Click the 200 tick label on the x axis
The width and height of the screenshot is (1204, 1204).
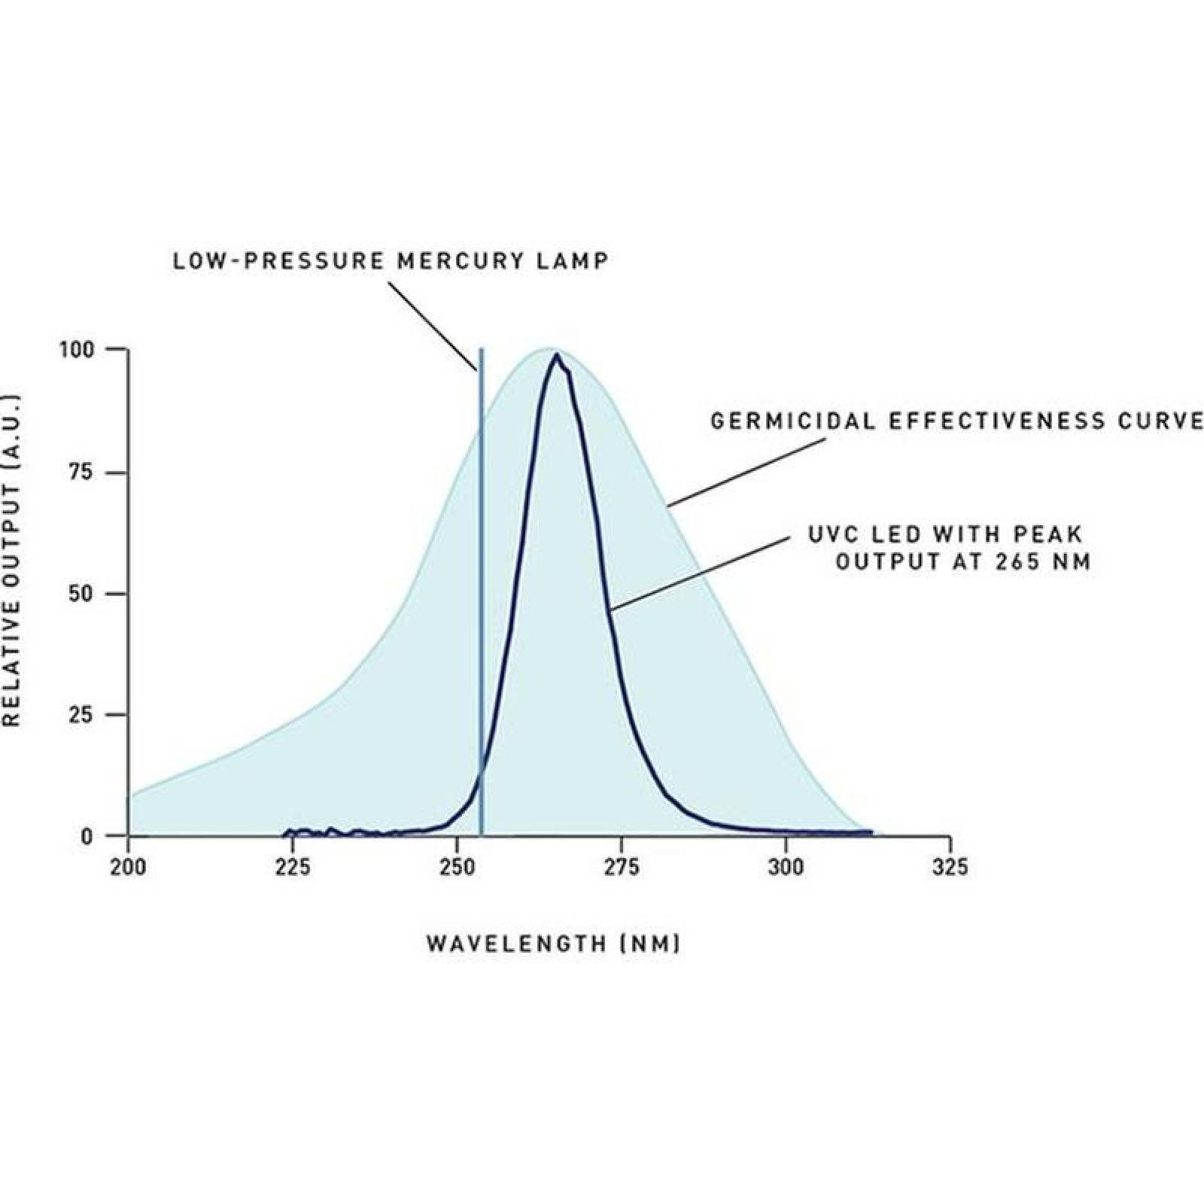[x=129, y=868]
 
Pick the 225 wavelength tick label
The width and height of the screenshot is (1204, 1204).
[x=293, y=868]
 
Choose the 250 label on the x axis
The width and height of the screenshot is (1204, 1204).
[x=457, y=868]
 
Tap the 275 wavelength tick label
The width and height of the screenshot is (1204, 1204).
[x=622, y=868]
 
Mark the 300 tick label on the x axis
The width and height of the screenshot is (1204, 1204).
[x=786, y=868]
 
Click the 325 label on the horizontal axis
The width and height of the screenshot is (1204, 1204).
[x=950, y=868]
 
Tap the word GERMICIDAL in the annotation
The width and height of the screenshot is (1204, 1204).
[x=794, y=421]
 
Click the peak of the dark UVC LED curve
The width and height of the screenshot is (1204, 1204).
[x=556, y=355]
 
